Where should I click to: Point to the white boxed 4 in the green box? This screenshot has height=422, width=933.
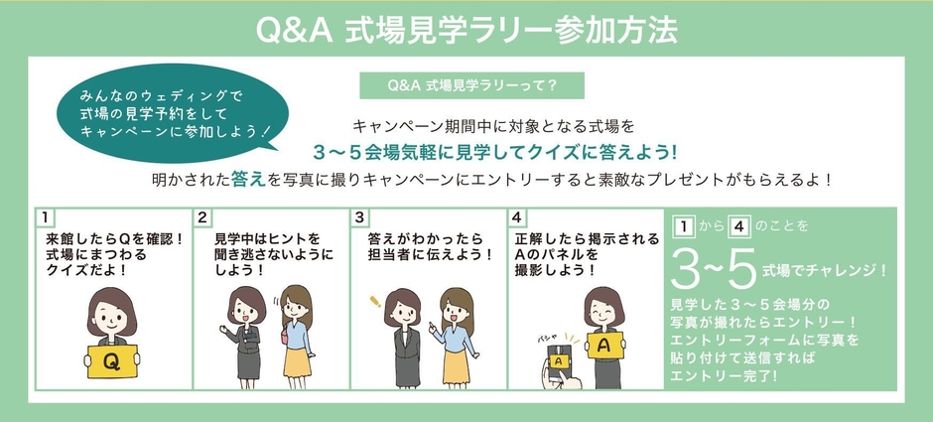click(737, 225)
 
